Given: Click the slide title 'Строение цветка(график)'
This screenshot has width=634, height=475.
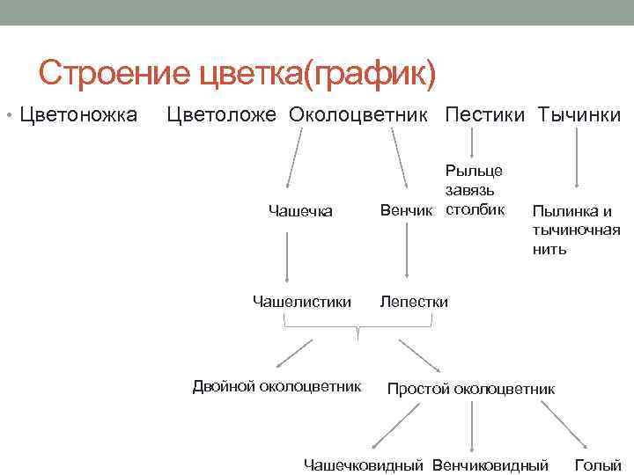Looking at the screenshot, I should point(237,74).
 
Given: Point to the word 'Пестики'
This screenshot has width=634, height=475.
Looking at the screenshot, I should point(486,115).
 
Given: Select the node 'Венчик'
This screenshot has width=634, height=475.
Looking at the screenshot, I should point(406,210).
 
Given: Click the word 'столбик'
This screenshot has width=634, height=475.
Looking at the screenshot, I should point(475,209).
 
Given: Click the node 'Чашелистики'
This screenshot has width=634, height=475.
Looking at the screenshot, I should point(302,302).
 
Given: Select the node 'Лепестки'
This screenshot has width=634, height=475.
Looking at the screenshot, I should point(414,302).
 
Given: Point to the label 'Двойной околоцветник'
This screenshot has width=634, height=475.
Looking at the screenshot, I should point(277,385).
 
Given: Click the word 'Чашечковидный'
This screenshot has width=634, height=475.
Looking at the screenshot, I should point(364,464).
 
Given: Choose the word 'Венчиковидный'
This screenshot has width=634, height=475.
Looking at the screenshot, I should point(490,464).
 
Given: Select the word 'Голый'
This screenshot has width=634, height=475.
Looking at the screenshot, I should point(598,464).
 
